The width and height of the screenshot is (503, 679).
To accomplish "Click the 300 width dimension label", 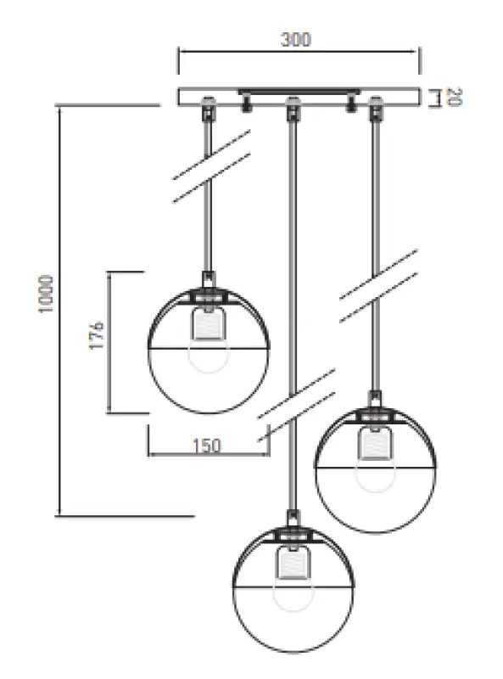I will [x=296, y=39].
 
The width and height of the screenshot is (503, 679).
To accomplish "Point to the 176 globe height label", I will [x=97, y=336].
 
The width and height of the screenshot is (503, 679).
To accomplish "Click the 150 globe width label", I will [x=206, y=446].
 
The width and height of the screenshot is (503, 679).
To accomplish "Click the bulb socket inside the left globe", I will [x=206, y=323].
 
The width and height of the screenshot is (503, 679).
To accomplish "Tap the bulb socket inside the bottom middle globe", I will [x=292, y=562].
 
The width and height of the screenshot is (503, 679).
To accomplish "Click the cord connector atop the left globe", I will [x=206, y=280].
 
